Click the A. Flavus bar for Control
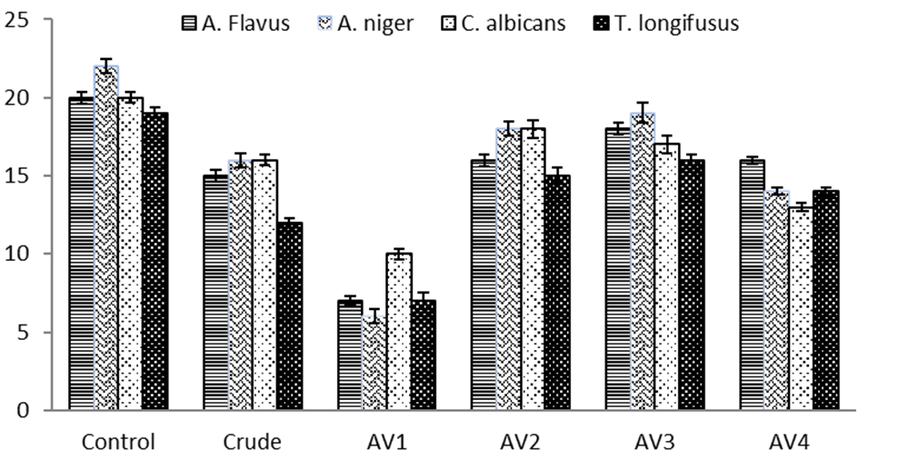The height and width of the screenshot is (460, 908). (81, 254)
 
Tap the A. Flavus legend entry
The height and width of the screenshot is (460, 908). (234, 24)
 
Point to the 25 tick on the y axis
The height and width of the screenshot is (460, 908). (17, 19)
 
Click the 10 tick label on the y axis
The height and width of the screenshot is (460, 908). (17, 254)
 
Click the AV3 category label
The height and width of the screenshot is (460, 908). (654, 443)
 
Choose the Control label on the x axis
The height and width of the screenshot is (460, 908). (118, 443)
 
